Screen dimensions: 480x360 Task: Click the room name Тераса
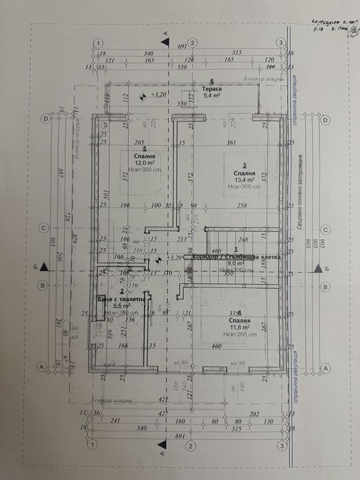click(x=212, y=89)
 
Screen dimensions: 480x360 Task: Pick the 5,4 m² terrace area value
click(x=211, y=96)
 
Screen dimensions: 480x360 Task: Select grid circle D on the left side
click(x=46, y=118)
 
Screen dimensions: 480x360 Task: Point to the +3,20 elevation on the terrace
click(x=158, y=95)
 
